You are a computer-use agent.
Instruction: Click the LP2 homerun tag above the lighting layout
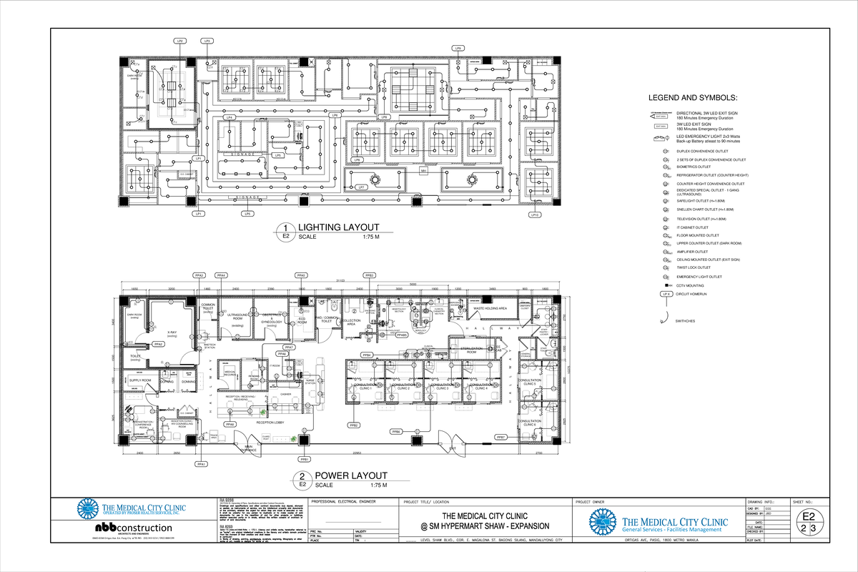coord(181,41)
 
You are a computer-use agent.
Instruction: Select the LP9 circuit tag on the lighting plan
coord(458,48)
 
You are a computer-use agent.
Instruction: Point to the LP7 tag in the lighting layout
coord(362,187)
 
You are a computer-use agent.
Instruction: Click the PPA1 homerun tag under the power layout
coord(202,464)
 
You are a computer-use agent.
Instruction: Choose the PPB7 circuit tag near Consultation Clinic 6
coord(502,436)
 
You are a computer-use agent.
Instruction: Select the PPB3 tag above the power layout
coord(370,275)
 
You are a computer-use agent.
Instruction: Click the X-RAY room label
coord(172,332)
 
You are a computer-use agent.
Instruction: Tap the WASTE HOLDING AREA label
coord(490,308)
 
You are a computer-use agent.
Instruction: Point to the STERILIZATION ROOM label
coord(471,350)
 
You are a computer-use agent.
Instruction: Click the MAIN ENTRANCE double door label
coord(250,448)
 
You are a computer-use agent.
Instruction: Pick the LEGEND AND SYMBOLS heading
coord(692,98)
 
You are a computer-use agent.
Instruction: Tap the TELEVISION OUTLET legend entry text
coord(701,219)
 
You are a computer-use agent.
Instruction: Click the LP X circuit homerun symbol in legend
coord(666,294)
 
